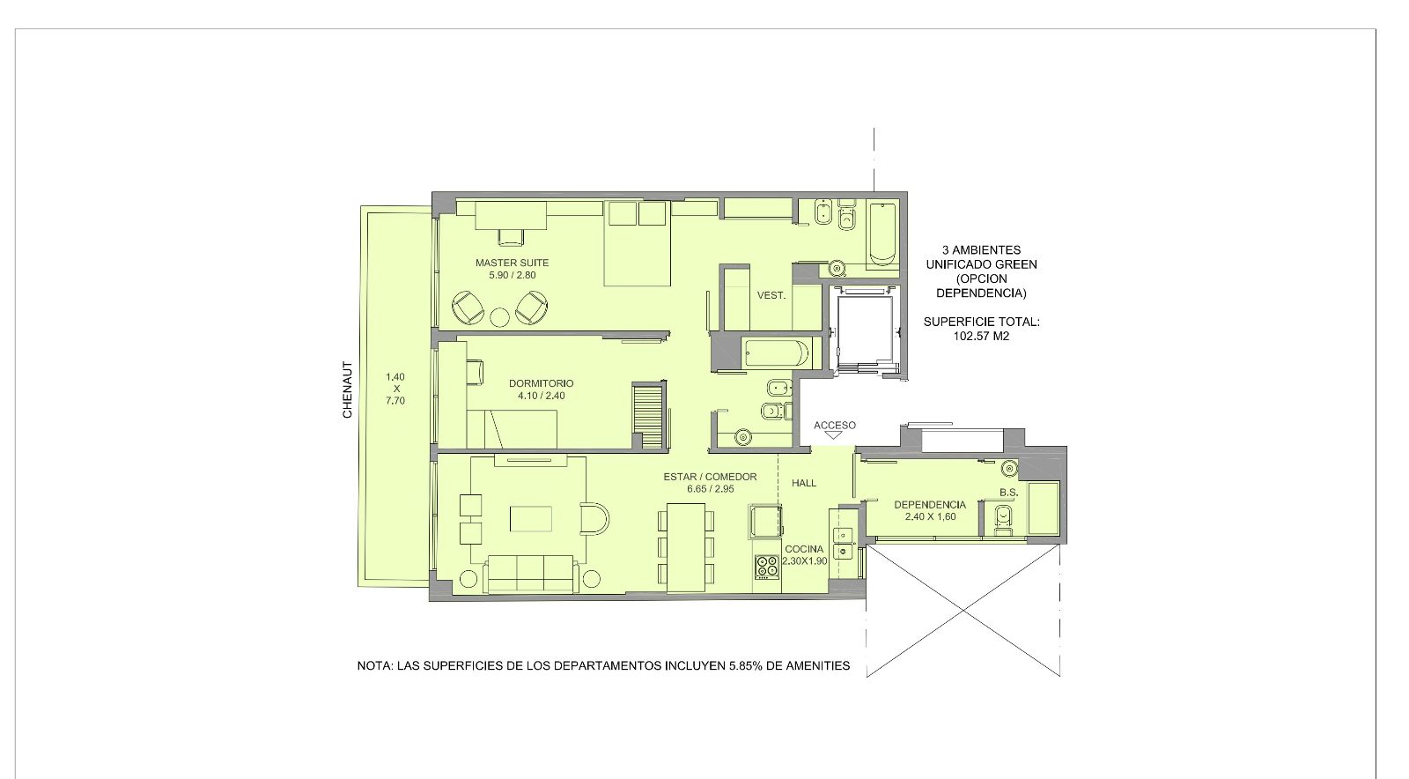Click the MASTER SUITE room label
[512, 263]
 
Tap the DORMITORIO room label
[541, 383]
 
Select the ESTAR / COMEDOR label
[710, 477]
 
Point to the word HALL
[804, 483]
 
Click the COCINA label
[804, 549]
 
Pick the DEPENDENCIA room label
[930, 505]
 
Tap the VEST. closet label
[771, 295]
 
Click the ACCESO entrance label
[835, 426]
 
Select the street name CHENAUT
[347, 390]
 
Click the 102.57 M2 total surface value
[981, 336]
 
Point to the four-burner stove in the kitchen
[767, 567]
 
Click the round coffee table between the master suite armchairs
[500, 318]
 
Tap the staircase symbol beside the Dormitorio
[649, 417]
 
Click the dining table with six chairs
[686, 547]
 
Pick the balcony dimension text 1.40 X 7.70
[395, 389]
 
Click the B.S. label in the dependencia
[1008, 492]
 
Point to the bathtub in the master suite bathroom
[882, 234]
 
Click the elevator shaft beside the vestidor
[866, 330]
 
